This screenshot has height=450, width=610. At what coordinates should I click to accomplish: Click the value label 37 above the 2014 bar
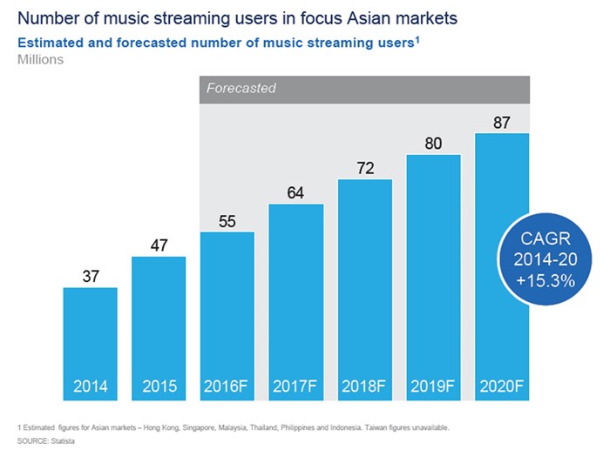click(x=91, y=276)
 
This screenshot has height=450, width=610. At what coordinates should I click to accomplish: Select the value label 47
click(x=159, y=245)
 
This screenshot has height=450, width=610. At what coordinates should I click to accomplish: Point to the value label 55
click(x=227, y=221)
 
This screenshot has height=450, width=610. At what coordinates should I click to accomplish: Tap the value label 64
click(x=295, y=192)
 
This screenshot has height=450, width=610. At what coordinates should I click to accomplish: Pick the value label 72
click(x=366, y=168)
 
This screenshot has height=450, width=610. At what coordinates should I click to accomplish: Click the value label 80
click(x=433, y=144)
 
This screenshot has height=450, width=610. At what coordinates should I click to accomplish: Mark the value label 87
click(x=502, y=123)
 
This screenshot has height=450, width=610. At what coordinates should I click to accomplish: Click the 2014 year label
click(x=91, y=386)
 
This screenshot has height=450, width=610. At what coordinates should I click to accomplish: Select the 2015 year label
click(x=159, y=386)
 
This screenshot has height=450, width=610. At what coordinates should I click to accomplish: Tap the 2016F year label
click(x=226, y=386)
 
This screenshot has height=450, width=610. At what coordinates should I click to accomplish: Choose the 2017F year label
click(x=295, y=386)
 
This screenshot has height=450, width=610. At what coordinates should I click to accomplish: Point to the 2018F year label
click(x=363, y=386)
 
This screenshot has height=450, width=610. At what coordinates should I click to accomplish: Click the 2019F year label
click(x=432, y=386)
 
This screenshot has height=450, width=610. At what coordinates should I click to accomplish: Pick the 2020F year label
click(x=501, y=386)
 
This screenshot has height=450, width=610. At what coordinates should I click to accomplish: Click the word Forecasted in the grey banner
click(x=241, y=88)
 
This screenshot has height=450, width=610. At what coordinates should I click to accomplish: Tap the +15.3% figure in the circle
click(x=546, y=280)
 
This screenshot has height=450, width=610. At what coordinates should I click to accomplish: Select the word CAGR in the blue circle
click(x=546, y=238)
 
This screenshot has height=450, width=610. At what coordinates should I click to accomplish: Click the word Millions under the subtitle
click(x=40, y=59)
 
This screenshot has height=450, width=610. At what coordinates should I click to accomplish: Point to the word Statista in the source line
click(x=63, y=441)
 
